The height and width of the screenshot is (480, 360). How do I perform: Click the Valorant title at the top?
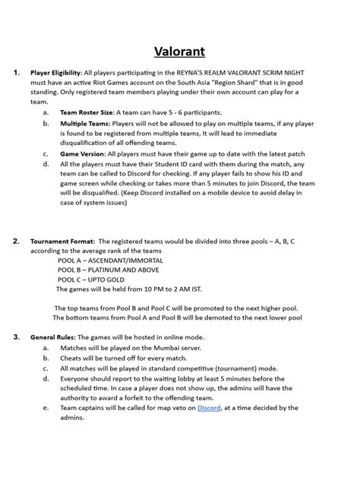pyautogui.click(x=180, y=51)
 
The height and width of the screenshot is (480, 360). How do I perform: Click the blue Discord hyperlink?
pyautogui.click(x=209, y=409)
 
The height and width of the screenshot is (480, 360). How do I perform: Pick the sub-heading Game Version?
pyautogui.click(x=82, y=153)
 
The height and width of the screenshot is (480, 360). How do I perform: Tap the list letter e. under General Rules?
pyautogui.click(x=46, y=409)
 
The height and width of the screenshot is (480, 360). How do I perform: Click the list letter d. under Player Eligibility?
pyautogui.click(x=46, y=163)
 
